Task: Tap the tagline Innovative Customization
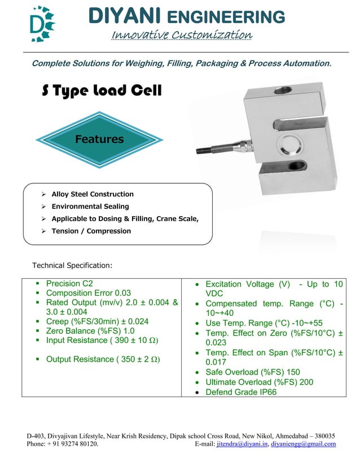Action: point(182,35)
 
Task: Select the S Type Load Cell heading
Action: point(102,91)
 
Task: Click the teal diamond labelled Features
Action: point(99,139)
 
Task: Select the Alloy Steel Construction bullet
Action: point(93,194)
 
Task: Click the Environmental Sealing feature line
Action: point(90,206)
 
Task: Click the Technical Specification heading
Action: point(72,265)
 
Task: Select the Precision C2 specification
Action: point(69,284)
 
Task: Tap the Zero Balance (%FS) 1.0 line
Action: point(90,331)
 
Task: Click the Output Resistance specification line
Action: point(102,359)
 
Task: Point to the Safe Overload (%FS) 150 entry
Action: point(253,372)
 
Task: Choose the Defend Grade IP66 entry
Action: point(241,392)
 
